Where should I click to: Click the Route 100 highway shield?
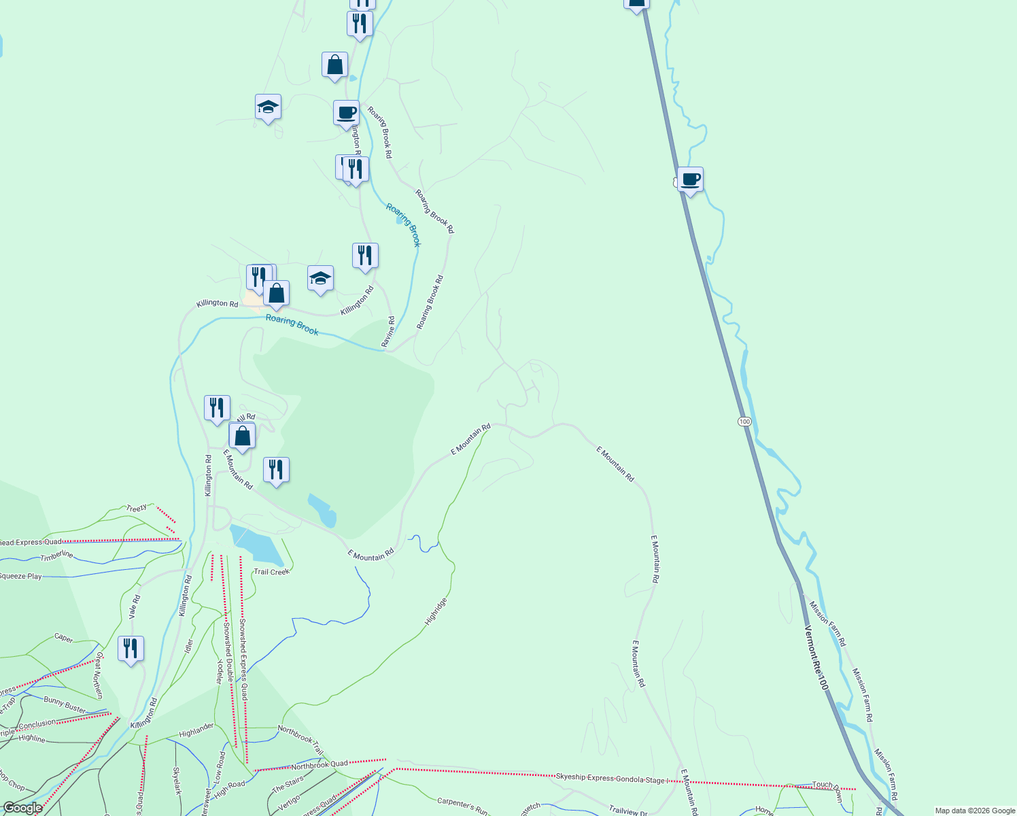(x=744, y=422)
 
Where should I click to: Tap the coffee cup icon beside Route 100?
(x=690, y=180)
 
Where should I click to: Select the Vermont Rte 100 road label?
(x=816, y=658)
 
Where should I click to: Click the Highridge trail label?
(x=436, y=611)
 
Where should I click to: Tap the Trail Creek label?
(x=271, y=572)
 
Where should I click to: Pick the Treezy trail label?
(x=136, y=508)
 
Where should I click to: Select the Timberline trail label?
(x=56, y=556)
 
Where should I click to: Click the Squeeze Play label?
(x=20, y=576)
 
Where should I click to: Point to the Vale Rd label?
(x=135, y=607)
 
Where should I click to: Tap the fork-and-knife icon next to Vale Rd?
(x=131, y=649)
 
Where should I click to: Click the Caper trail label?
(x=64, y=638)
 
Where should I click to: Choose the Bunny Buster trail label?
(x=65, y=704)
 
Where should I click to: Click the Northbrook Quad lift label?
(x=320, y=765)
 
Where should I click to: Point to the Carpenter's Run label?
(x=462, y=805)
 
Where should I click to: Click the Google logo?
(x=23, y=808)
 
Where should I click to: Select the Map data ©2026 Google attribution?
(x=973, y=811)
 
